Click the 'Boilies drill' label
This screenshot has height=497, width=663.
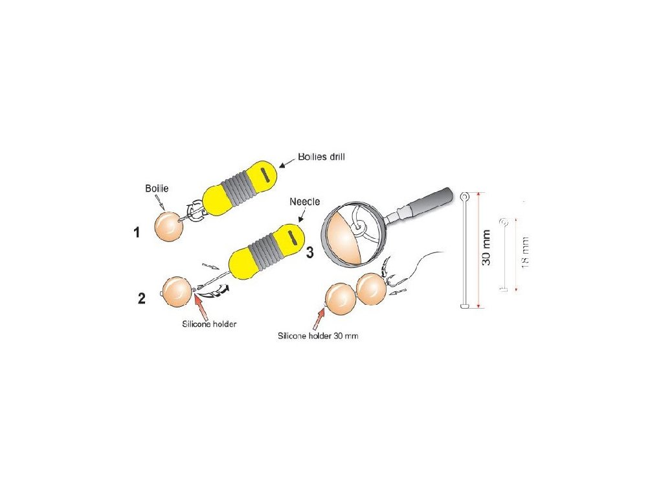pyautogui.click(x=322, y=157)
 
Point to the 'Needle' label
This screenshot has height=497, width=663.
pyautogui.click(x=304, y=202)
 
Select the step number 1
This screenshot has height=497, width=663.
pyautogui.click(x=137, y=232)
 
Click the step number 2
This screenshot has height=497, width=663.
pyautogui.click(x=141, y=298)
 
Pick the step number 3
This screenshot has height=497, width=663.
pyautogui.click(x=309, y=252)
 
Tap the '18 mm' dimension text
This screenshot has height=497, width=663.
pyautogui.click(x=525, y=252)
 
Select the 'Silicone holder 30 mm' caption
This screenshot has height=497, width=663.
pyautogui.click(x=318, y=337)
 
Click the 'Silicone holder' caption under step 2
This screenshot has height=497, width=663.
pyautogui.click(x=209, y=324)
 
